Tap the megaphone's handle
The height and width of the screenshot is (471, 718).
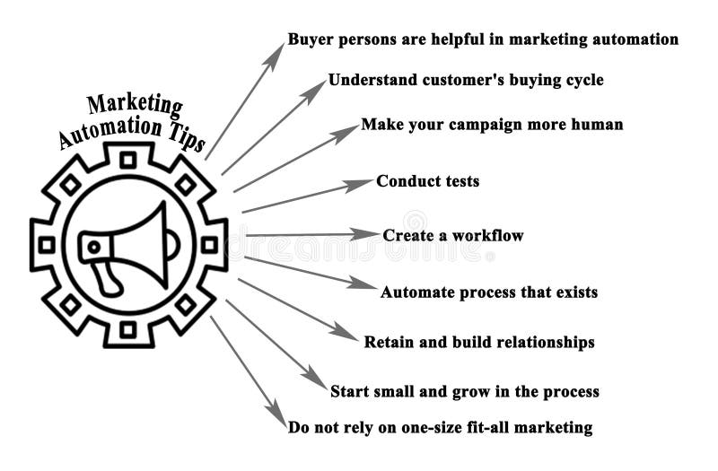[109, 278]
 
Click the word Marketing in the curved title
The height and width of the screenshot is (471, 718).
[135, 106]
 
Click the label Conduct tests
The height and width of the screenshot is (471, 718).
[427, 181]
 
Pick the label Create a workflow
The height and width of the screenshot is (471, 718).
[452, 236]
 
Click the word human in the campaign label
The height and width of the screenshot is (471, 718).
[596, 125]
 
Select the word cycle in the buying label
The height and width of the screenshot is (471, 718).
[580, 80]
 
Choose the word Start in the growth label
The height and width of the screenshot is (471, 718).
[350, 391]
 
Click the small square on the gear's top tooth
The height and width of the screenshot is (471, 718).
[127, 160]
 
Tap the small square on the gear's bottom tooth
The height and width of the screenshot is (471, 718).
[127, 329]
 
